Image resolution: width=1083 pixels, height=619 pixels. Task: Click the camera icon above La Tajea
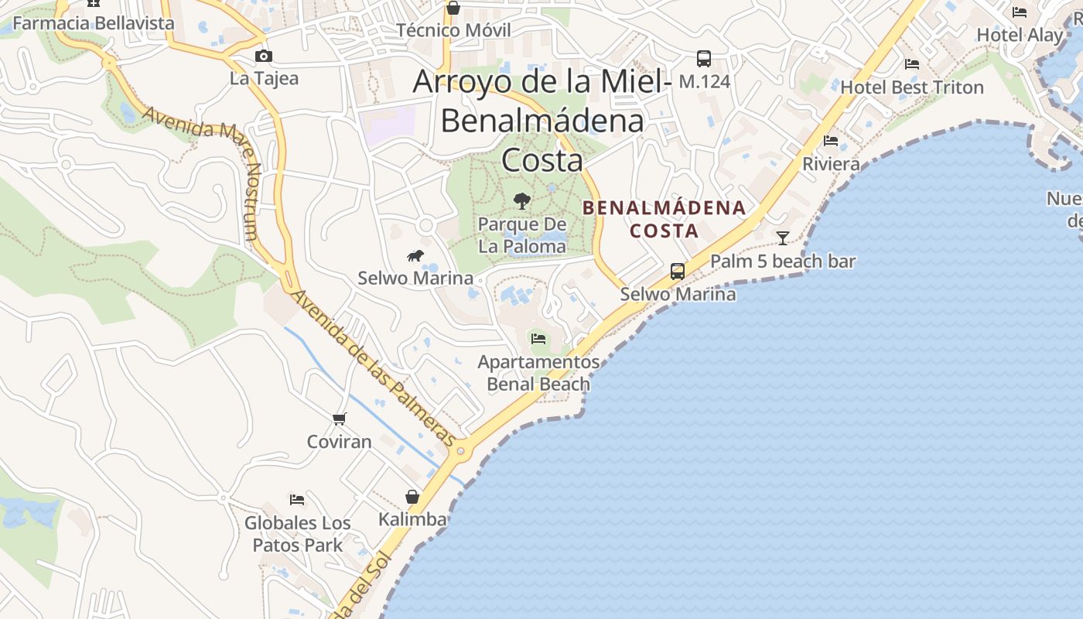264,56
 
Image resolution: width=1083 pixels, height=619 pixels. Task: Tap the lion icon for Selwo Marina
415,255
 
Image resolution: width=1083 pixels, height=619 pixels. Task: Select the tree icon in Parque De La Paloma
522,201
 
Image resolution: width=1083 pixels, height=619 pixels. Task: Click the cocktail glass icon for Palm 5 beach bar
783,238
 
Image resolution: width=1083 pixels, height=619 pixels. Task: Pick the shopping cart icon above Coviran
339,419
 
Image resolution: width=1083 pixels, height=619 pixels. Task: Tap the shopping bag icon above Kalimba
412,496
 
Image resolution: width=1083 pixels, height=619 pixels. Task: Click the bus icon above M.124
704,58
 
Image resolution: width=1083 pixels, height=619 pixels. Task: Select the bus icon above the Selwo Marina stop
678,271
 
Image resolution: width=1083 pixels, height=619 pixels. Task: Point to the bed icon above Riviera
831,141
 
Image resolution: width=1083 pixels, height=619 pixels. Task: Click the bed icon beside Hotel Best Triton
912,64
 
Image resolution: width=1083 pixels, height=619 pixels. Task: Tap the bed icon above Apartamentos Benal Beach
538,338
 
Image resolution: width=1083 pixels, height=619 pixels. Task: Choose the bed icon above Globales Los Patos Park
297,499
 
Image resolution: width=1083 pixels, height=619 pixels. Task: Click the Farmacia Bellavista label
94,23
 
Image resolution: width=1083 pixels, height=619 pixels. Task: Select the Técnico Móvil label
453,30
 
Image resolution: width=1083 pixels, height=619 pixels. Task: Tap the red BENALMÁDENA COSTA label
664,219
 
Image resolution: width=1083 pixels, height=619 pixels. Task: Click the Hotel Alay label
1020,35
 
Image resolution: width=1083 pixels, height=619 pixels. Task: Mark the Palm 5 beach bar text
783,262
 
